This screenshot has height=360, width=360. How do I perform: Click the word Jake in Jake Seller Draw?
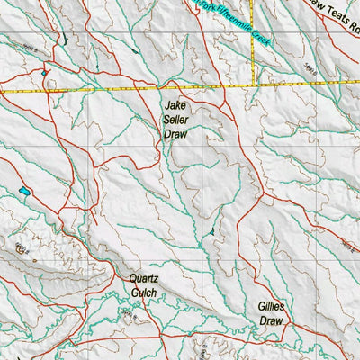pos(175,104)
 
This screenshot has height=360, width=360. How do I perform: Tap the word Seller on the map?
pos(175,118)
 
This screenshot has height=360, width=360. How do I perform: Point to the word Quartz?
pos(143,279)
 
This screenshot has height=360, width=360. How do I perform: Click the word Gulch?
pos(143,292)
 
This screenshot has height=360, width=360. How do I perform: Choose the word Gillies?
pos(270,306)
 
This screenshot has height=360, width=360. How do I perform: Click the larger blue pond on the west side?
pos(22,192)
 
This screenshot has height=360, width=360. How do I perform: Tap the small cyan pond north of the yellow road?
pos(42,73)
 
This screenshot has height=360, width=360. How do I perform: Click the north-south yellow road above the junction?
pos(254,45)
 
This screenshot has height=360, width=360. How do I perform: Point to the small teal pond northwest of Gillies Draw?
pos(211,232)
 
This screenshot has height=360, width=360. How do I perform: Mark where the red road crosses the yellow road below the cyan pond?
pos(45,91)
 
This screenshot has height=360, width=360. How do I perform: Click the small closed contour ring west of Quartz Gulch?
pos(23,245)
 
